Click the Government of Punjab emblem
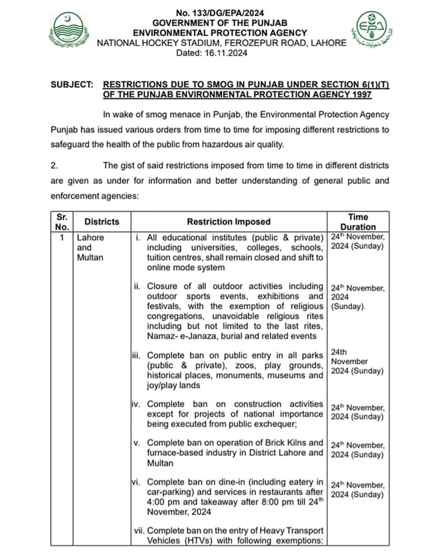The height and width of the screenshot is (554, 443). click(69, 32)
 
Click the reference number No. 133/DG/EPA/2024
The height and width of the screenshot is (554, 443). click(220, 13)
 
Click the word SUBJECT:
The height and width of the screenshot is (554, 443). click(72, 85)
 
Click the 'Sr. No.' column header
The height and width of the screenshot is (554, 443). click(62, 222)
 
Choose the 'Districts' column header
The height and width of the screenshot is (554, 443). click(102, 222)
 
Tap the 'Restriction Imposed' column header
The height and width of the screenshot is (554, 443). click(228, 222)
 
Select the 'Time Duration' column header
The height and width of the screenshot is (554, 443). click(358, 222)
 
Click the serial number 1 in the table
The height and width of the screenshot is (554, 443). click(62, 238)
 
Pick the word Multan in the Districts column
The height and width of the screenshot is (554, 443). click(90, 258)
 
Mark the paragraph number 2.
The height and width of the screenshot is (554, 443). click(54, 166)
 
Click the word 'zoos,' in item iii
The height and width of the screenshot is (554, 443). click(245, 366)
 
